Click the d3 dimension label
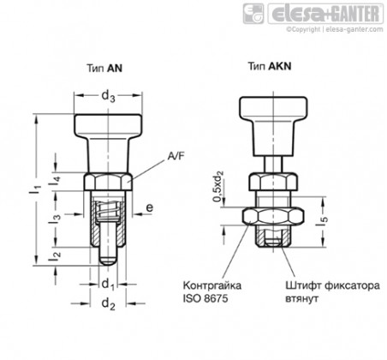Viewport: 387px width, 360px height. click(108, 96)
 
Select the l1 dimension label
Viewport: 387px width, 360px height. click(36, 190)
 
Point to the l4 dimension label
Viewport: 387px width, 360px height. click(54, 181)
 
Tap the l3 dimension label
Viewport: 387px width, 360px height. click(54, 219)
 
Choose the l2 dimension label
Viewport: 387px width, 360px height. click(54, 256)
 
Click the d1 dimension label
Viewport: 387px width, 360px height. click(108, 285)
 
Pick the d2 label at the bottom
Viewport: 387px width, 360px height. click(108, 304)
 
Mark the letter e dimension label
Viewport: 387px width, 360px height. click(150, 207)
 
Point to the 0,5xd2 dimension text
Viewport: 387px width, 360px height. click(219, 186)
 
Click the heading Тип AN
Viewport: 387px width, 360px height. click(104, 68)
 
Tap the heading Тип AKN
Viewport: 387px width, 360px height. click(270, 66)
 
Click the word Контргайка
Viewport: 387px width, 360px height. click(212, 285)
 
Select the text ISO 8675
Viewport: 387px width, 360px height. click(205, 298)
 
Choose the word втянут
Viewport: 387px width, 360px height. click(301, 299)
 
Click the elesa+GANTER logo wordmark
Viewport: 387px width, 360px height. click(325, 14)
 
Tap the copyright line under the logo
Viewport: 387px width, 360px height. click(335, 29)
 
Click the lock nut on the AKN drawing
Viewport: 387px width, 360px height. click(273, 216)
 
